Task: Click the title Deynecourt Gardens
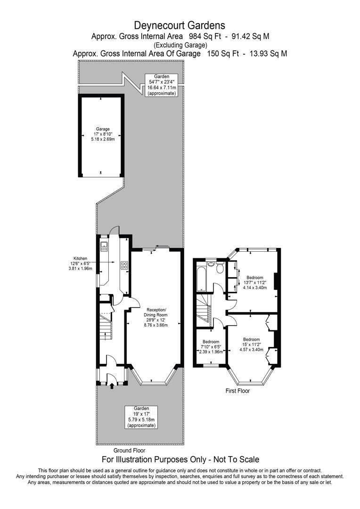(180, 25)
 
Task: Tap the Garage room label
(103, 134)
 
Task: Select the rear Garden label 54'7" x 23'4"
(162, 85)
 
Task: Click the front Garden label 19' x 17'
(141, 417)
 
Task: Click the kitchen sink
(104, 245)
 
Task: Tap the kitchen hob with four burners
(124, 265)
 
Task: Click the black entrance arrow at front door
(112, 386)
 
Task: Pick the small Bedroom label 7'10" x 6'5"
(211, 346)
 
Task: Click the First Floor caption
(237, 391)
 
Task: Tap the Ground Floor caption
(129, 451)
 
